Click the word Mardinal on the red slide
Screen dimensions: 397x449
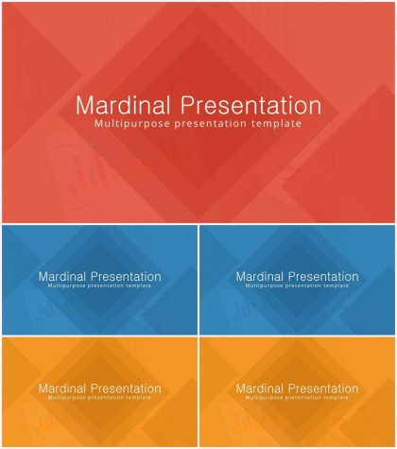click(123, 105)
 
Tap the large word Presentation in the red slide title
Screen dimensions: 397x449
click(250, 105)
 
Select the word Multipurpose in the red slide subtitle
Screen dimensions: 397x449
click(132, 123)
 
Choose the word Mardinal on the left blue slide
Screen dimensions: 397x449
click(62, 277)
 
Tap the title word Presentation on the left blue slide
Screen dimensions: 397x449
click(126, 277)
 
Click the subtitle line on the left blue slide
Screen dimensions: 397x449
click(99, 285)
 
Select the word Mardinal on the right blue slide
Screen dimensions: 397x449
click(260, 277)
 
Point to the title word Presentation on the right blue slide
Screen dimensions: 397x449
click(323, 277)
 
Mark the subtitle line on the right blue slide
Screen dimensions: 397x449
click(297, 285)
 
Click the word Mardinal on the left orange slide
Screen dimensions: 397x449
click(62, 389)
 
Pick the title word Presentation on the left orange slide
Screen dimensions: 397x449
click(126, 389)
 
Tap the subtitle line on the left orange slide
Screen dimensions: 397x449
click(99, 398)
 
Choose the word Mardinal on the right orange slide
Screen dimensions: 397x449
click(260, 389)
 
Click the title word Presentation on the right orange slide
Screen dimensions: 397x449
click(323, 389)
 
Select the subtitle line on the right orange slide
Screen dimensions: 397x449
click(297, 398)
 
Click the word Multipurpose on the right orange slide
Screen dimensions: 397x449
click(264, 398)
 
